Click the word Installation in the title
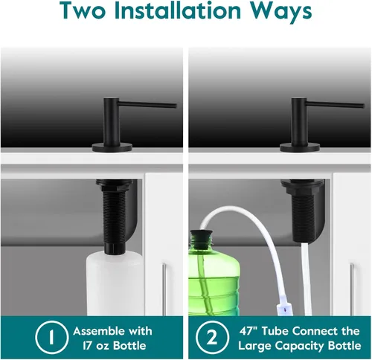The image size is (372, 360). [178, 10]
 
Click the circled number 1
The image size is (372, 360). [51, 337]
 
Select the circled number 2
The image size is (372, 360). [212, 337]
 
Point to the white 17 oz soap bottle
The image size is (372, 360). [115, 284]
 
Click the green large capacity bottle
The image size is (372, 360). [214, 277]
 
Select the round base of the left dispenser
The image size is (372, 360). [112, 148]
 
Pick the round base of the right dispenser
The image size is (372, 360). [300, 148]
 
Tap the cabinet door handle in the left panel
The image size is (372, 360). [164, 289]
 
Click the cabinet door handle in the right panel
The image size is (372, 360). [352, 289]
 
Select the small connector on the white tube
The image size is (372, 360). [285, 307]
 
